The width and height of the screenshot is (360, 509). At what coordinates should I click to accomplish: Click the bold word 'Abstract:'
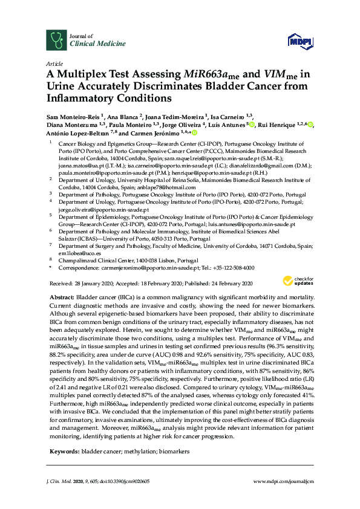coord(61,299)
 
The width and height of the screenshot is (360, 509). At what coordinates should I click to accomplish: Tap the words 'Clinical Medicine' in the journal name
coord(91,44)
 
